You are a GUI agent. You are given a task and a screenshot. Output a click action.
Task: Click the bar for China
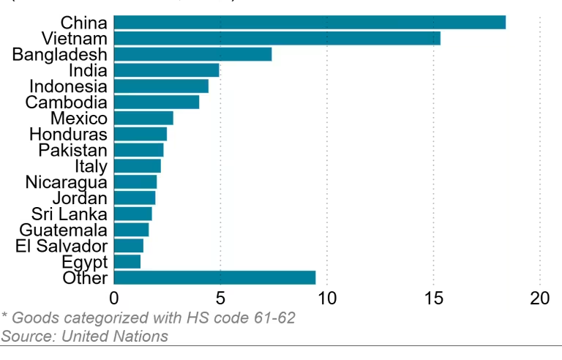[310, 22]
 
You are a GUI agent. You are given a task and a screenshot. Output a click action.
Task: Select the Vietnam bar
[277, 38]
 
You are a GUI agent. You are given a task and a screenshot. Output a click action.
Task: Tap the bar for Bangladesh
[192, 54]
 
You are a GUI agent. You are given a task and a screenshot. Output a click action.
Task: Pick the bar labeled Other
[214, 277]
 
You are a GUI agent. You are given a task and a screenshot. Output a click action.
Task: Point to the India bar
[166, 70]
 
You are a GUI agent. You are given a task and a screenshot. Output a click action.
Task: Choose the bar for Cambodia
[157, 102]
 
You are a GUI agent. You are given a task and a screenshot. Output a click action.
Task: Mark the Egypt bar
[127, 261]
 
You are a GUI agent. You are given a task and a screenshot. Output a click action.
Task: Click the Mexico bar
[143, 118]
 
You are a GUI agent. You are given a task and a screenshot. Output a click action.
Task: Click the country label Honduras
[68, 134]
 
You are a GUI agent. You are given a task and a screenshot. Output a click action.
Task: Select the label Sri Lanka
[70, 214]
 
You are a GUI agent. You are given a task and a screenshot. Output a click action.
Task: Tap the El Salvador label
[61, 246]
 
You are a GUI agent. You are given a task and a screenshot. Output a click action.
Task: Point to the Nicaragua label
[66, 182]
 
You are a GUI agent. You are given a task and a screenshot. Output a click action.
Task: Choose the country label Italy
[91, 166]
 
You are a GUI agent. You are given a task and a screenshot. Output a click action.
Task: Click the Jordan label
[80, 198]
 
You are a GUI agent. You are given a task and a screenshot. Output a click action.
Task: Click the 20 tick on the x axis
[539, 299]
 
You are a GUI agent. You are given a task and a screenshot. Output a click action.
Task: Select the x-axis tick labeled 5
[220, 299]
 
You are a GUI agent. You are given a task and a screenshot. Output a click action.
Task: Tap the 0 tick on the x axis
[114, 299]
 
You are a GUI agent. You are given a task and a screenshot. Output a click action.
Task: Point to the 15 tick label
[433, 299]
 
